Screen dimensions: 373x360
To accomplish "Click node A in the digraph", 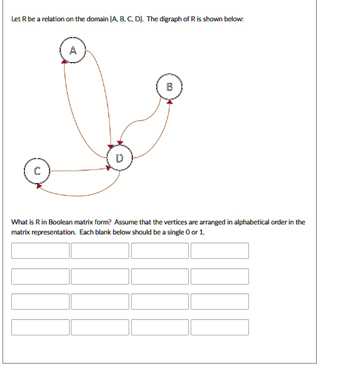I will [x=73, y=51].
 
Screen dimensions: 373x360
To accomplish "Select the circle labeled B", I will [x=169, y=88].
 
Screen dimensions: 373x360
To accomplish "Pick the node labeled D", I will [x=119, y=158].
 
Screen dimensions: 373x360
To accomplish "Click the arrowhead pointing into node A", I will [x=65, y=61].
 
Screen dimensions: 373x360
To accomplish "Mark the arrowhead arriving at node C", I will [x=40, y=185].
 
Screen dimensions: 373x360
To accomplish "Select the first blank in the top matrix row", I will [x=40, y=251].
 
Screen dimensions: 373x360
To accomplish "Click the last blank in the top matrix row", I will [x=220, y=251].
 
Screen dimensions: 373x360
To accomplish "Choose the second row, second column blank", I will [x=100, y=276].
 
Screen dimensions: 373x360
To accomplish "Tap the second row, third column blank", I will [x=160, y=276].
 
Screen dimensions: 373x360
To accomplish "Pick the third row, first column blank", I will [x=40, y=302].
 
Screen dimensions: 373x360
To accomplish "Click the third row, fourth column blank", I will [x=220, y=302].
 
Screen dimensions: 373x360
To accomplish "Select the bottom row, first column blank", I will [x=40, y=327].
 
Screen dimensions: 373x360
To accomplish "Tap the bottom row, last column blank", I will [x=220, y=327].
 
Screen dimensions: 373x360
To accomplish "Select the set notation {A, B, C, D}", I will [x=127, y=19].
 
